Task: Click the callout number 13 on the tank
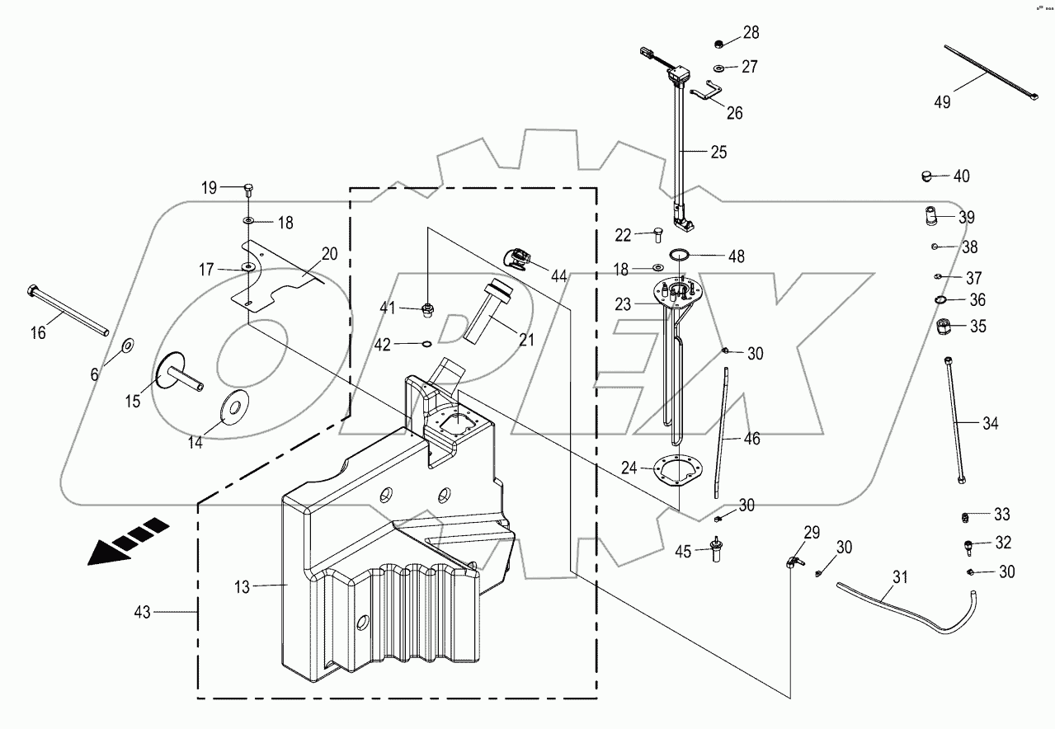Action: [x=241, y=586]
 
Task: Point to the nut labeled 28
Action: [x=719, y=44]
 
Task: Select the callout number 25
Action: [x=718, y=152]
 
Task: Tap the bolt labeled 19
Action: [x=248, y=189]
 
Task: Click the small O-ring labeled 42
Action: [x=426, y=344]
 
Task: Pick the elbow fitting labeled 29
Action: [x=792, y=562]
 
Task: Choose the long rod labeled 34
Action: [x=954, y=421]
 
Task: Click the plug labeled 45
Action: [x=716, y=550]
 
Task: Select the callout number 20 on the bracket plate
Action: [x=329, y=254]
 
